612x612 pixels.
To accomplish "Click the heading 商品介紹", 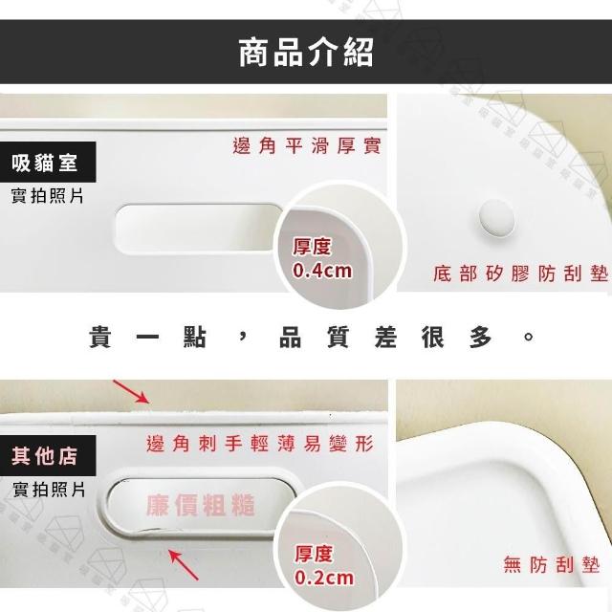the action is pos(306,53).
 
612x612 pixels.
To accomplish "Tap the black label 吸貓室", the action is pos(48,163).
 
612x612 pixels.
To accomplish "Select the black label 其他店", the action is pos(48,455).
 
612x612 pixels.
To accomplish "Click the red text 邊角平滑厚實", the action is pos(307,146).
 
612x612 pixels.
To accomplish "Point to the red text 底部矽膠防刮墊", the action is pos(520,273).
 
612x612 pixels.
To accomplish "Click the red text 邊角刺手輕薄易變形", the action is pos(260,444).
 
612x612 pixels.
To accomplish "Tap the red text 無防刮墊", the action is pos(552,564).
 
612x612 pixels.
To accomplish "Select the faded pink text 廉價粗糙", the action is pos(201,505).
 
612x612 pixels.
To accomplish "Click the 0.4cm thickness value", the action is pos(322,271).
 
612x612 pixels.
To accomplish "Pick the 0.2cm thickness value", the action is pos(324,578).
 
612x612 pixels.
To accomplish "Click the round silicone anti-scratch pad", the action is pos(496,218).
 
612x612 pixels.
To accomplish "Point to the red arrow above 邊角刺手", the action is pos(131,391).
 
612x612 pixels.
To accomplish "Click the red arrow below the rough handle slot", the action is pos(184,565).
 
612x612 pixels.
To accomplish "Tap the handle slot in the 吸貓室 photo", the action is pos(199,229).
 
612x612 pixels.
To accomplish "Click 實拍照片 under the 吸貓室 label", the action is pos(47,195).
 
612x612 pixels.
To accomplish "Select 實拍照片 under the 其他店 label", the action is pos(49,490).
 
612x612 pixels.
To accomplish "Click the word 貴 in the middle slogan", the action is pos(100,337).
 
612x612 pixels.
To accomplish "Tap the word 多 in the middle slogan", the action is pos(481,337).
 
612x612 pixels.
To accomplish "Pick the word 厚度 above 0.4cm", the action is pos(312,247).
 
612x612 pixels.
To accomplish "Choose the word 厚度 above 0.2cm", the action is pos(314,555).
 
